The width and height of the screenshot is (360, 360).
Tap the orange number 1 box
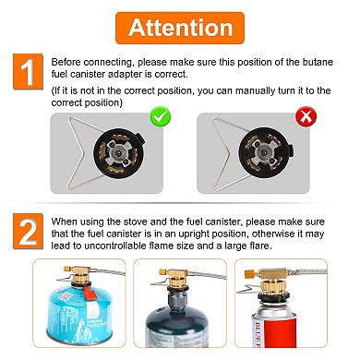coord(28,71)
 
